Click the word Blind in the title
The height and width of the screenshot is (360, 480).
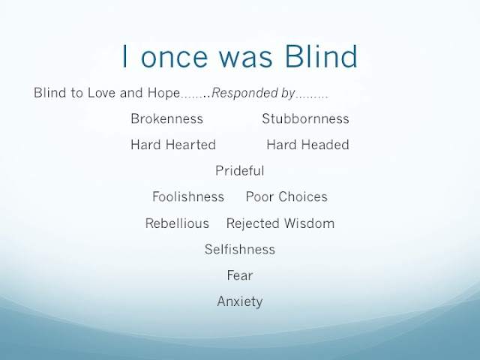[321, 56]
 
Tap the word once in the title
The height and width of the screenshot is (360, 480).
[175, 59]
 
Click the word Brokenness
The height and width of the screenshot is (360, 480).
[166, 118]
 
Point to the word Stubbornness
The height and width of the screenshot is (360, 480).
[305, 118]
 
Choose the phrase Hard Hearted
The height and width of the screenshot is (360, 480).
[173, 145]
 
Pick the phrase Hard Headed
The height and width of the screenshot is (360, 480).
[307, 145]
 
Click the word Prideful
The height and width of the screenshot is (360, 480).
[240, 171]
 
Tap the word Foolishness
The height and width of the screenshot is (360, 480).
[188, 196]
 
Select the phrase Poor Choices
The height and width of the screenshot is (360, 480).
[286, 196]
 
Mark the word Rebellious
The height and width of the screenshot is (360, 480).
[177, 223]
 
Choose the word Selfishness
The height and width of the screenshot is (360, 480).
[240, 250]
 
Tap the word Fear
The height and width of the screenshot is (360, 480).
[240, 275]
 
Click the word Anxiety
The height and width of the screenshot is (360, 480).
[240, 301]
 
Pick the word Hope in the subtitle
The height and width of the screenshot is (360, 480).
[163, 94]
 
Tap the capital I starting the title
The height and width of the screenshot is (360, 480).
[124, 56]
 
